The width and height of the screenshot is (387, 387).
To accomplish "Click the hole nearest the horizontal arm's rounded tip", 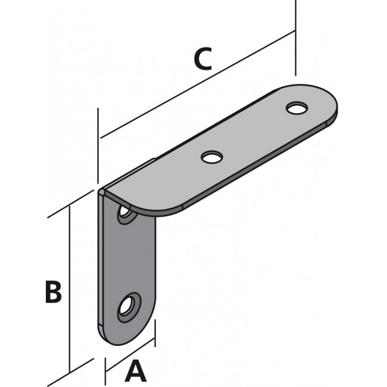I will point(296,108).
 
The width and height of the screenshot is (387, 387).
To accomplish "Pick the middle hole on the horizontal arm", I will point(211,157).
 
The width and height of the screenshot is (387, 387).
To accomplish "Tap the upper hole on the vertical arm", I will point(125,213).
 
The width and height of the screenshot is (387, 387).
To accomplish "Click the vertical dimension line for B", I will point(71,286).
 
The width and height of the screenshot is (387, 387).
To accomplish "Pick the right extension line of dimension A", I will point(155,333).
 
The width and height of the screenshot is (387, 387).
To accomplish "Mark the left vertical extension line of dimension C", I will point(98,143).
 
